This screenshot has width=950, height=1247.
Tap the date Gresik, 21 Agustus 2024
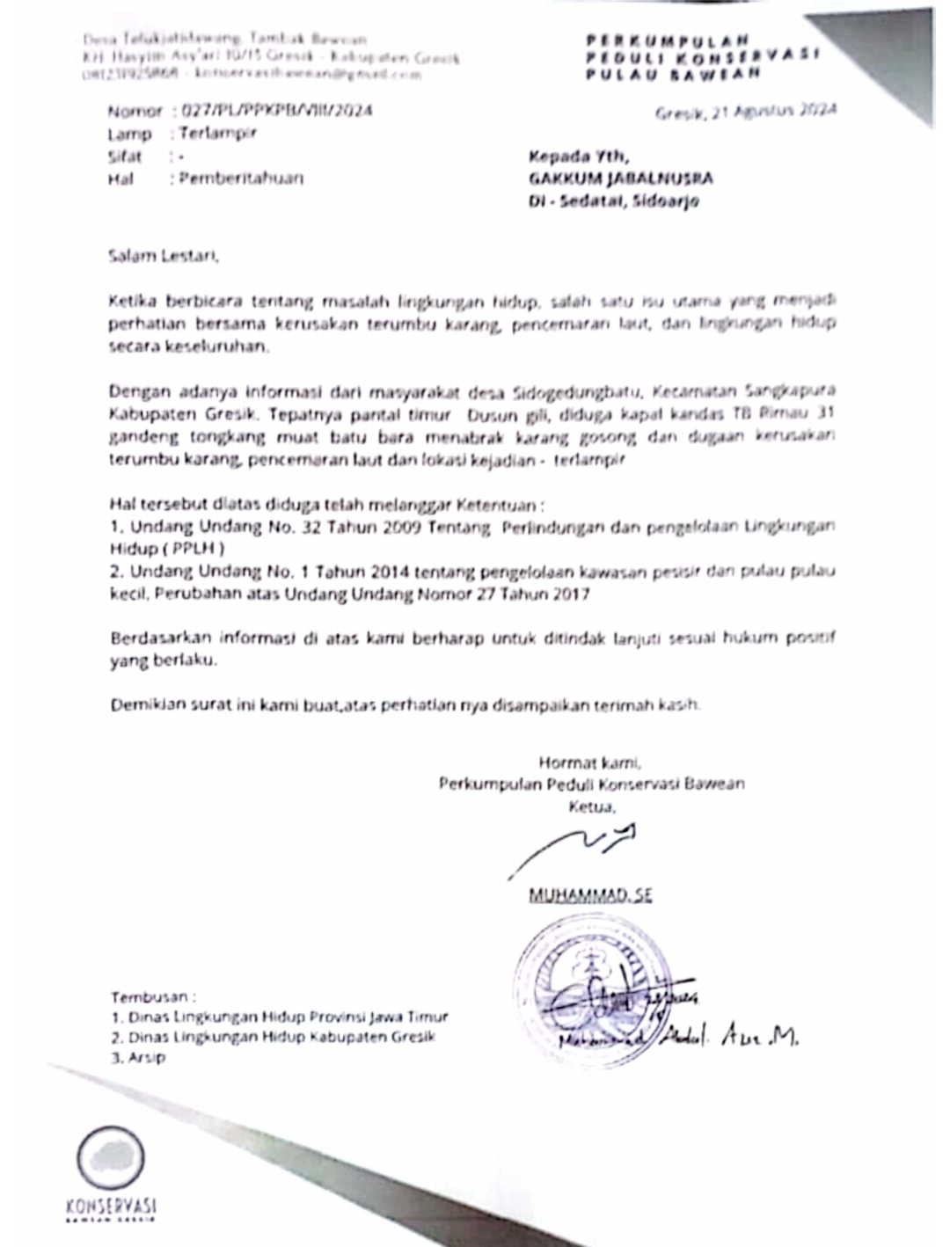tap(745, 111)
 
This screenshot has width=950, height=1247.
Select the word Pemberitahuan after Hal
tap(241, 179)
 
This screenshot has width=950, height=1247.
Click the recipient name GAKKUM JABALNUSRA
tap(620, 179)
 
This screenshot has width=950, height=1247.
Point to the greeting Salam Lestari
tap(163, 257)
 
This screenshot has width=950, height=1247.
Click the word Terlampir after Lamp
tap(217, 134)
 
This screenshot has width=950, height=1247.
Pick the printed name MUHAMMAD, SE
tap(590, 895)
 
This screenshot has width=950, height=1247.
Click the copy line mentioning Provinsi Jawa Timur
tap(280, 1017)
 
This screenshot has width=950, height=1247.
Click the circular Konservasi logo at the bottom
tap(110, 1156)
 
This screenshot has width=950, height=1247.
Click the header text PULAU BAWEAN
tap(674, 75)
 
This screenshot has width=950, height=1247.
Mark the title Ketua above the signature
tap(592, 805)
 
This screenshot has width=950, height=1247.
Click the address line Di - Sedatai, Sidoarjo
tap(613, 201)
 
